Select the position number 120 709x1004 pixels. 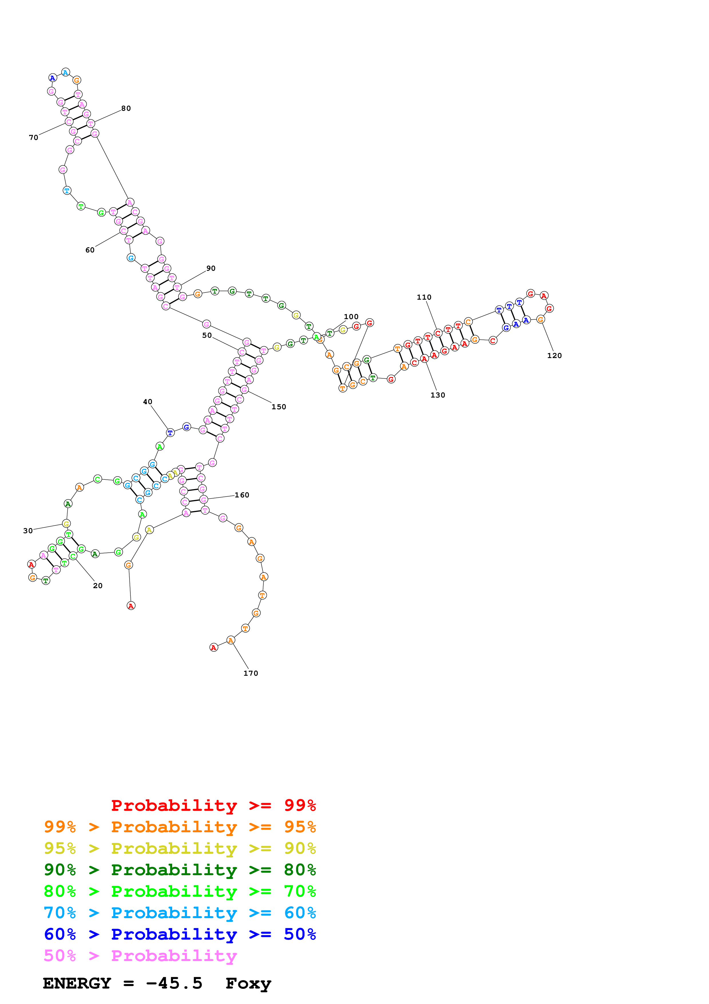point(554,355)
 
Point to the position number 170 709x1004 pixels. point(251,673)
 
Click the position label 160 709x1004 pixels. point(242,495)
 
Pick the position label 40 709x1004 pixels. point(148,402)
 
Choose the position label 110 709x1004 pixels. point(424,297)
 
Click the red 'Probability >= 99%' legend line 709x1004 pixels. point(213,805)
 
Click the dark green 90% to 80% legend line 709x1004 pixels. point(180,870)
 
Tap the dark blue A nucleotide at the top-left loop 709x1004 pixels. point(52,78)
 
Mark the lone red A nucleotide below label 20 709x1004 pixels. point(131,606)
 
